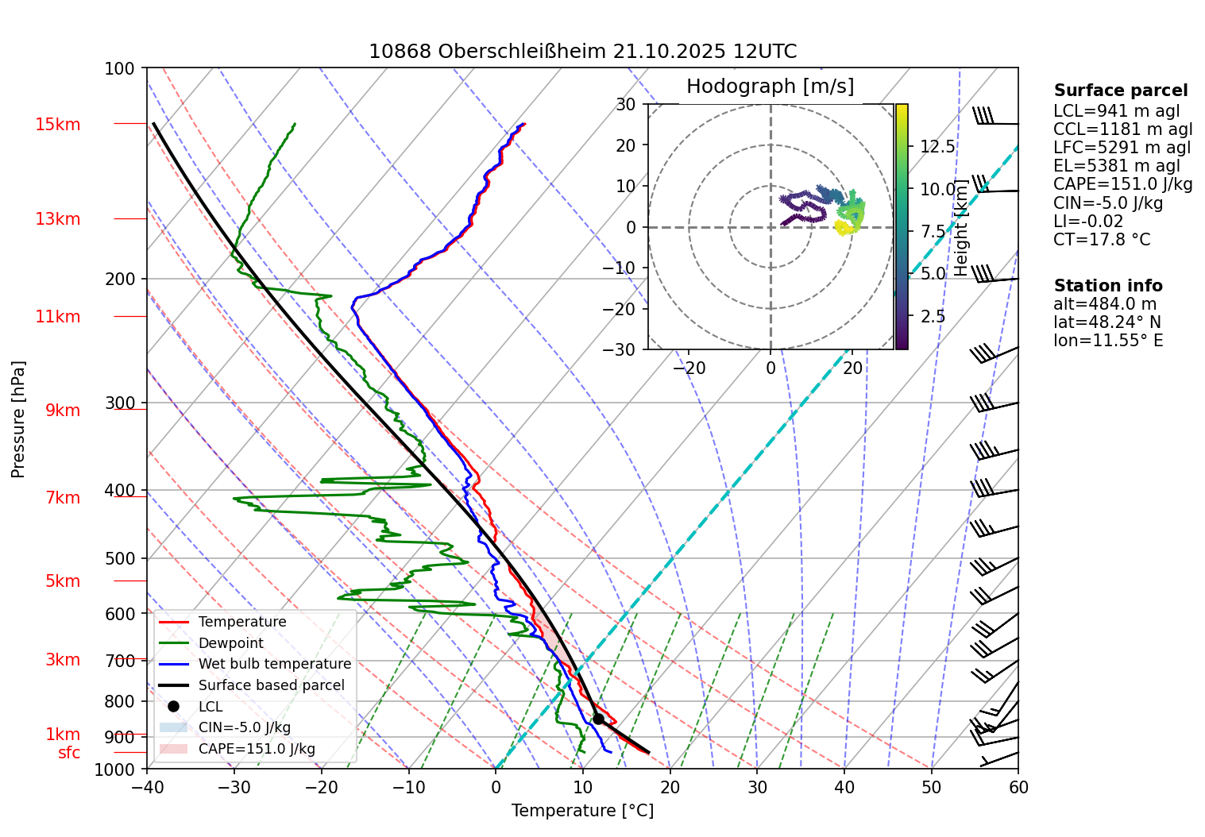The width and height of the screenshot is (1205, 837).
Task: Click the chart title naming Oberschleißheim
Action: click(582, 52)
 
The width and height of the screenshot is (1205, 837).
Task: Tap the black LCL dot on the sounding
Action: click(598, 719)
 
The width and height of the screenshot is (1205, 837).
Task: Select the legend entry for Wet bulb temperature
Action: click(274, 664)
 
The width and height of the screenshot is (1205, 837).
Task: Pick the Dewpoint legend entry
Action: click(230, 643)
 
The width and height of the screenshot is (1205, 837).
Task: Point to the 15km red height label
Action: click(57, 125)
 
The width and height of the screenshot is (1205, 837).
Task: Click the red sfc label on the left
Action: click(69, 753)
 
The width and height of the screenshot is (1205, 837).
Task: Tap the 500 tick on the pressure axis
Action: click(120, 558)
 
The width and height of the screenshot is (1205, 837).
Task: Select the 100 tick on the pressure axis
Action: click(120, 69)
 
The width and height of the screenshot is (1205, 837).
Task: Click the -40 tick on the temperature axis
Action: click(147, 787)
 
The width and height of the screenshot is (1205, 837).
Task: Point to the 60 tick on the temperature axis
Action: click(1018, 787)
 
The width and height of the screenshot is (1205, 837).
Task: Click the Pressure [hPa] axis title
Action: click(18, 419)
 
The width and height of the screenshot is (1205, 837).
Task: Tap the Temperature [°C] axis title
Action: click(582, 811)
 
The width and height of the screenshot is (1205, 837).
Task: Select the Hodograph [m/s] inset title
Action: click(770, 87)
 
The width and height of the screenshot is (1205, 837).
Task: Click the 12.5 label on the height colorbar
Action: click(937, 147)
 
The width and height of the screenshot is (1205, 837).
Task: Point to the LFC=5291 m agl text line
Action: click(1122, 148)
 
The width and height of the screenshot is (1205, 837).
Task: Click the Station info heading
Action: click(1108, 286)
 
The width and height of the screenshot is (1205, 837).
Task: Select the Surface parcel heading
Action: click(1121, 91)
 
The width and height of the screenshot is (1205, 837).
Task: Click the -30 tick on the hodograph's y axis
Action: click(625, 349)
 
